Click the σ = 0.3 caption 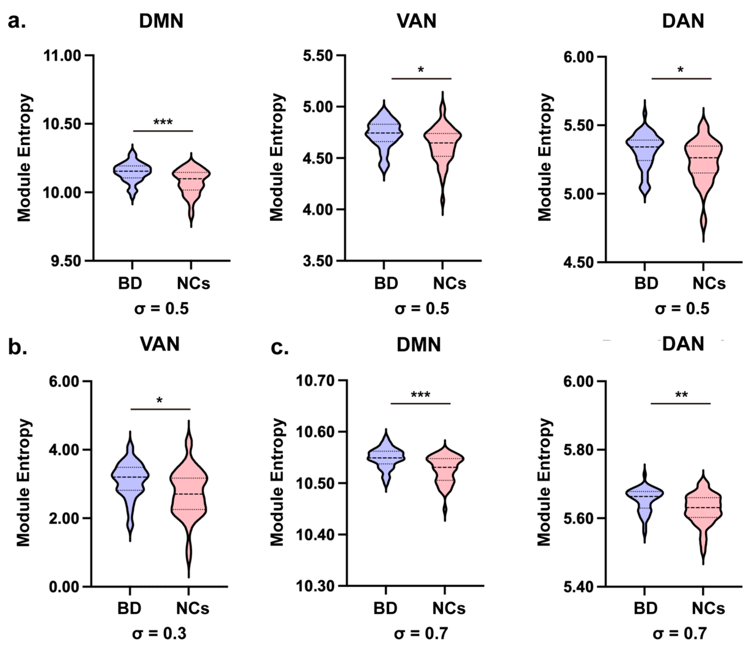click(x=159, y=634)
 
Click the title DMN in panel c click(x=419, y=345)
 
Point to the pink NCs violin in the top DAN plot click(x=703, y=159)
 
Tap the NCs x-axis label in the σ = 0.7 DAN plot click(x=709, y=608)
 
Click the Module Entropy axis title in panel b click(x=24, y=483)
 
